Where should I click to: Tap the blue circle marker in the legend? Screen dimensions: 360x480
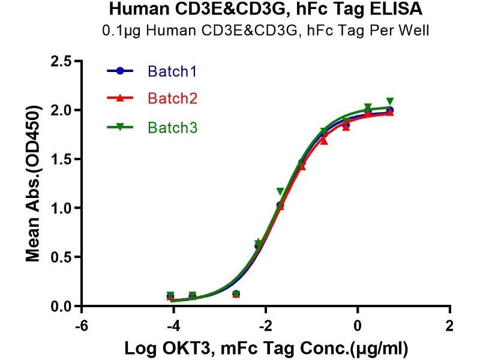[x=120, y=71]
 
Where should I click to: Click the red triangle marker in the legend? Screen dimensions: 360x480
[x=120, y=98]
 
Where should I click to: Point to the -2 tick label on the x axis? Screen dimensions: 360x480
[x=265, y=326]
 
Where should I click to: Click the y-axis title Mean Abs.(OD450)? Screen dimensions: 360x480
[x=34, y=184]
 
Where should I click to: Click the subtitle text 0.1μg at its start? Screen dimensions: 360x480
[x=119, y=31]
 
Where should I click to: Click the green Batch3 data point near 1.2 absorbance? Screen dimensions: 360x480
[x=280, y=191]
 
